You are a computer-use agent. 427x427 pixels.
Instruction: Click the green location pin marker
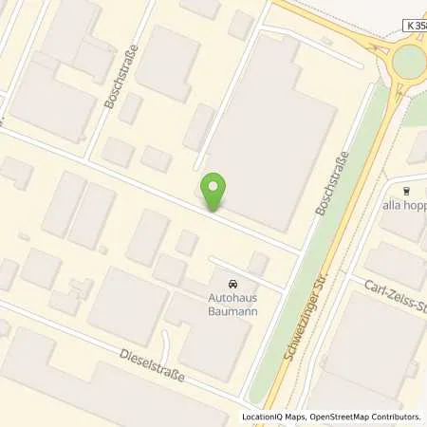(215, 190)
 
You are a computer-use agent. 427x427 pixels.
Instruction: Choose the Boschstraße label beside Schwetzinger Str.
(332, 188)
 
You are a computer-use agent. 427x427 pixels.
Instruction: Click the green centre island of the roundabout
(411, 61)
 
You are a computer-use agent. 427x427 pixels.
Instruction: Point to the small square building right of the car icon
(258, 263)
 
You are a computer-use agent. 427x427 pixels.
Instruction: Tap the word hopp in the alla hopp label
(414, 207)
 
